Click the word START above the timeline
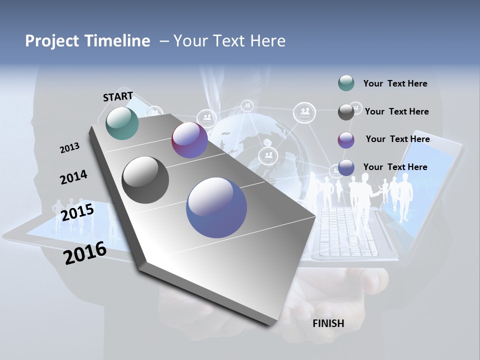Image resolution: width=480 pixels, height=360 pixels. [118, 96]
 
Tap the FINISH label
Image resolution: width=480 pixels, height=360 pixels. [328, 323]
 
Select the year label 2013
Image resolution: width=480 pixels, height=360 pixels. [69, 148]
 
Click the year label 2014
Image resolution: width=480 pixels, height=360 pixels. [73, 177]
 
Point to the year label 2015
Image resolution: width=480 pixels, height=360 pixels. [77, 212]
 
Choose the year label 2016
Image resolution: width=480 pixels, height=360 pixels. [85, 253]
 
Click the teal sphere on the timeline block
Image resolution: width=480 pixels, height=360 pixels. [122, 123]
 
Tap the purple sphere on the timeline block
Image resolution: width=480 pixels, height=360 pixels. [189, 140]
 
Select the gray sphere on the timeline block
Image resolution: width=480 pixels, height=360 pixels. [145, 180]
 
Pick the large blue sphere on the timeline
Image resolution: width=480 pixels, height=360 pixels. [216, 207]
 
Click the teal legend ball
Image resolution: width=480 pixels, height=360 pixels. [346, 83]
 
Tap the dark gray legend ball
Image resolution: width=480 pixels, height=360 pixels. [346, 112]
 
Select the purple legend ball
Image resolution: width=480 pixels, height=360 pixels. [346, 140]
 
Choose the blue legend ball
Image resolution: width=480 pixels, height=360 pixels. [346, 168]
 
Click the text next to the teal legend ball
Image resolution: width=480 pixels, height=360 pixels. [395, 83]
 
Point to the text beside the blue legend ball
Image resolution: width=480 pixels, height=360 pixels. [395, 167]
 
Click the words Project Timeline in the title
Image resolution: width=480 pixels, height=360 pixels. [87, 41]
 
